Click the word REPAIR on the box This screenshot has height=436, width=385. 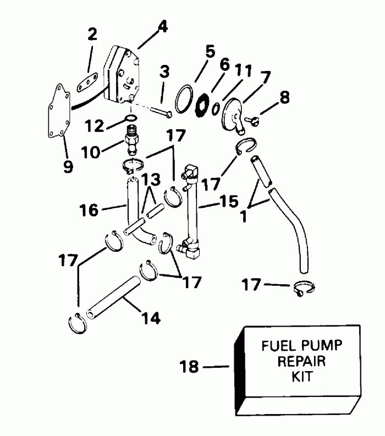point(302,362)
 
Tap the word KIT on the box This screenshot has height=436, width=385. point(302,379)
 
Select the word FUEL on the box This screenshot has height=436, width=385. point(276,346)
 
